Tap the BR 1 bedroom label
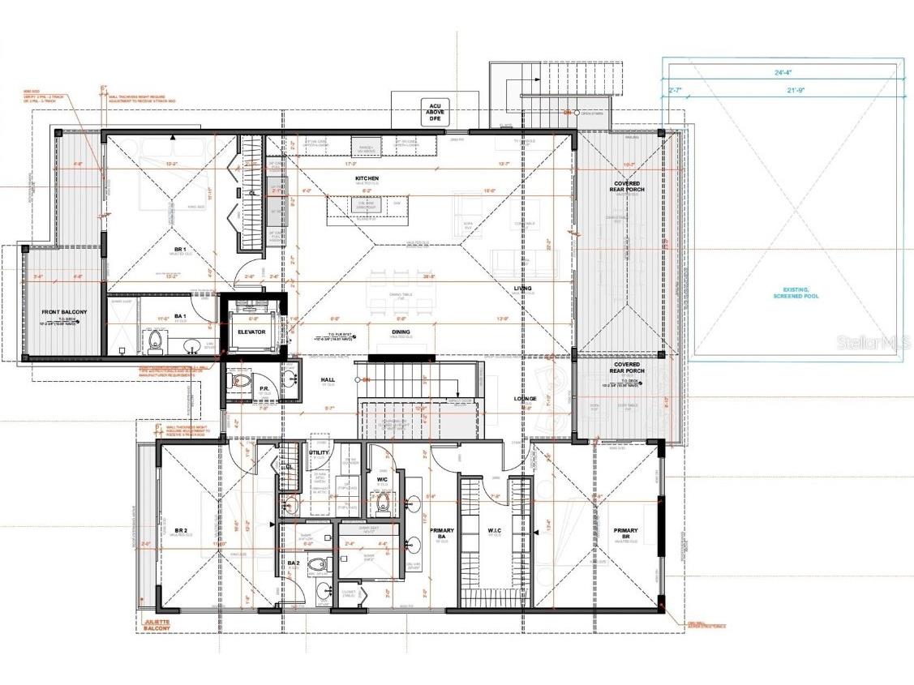pos(179,249)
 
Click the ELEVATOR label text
pos(251,332)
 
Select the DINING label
pos(400,332)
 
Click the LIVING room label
pos(521,288)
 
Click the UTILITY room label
pos(319,453)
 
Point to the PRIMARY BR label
pos(625,533)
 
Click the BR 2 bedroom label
pos(180,531)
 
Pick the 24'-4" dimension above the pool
pos(783,71)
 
